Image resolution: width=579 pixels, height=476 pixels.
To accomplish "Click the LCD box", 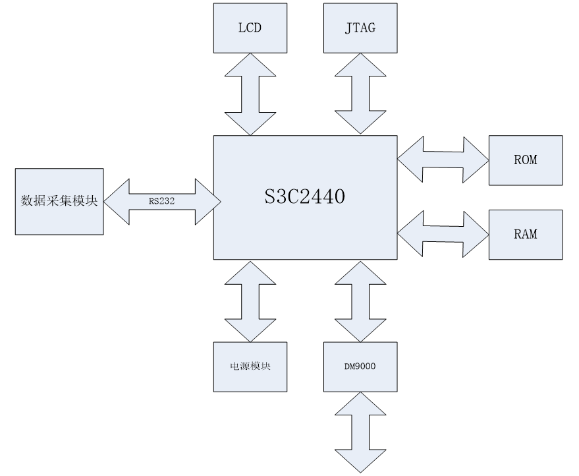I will click(250, 27).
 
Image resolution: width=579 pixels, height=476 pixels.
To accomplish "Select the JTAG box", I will click(360, 27).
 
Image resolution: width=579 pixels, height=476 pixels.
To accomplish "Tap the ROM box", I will click(525, 160).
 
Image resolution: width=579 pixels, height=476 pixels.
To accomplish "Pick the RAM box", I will click(525, 234).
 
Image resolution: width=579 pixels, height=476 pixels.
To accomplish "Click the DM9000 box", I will click(360, 366).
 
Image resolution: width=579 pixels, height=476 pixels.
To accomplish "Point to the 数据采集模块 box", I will click(59, 201).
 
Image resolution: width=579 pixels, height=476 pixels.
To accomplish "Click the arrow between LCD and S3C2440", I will click(250, 94).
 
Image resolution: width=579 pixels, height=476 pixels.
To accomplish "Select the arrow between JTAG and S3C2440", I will click(360, 94).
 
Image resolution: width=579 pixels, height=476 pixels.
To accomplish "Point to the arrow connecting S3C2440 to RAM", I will click(443, 234).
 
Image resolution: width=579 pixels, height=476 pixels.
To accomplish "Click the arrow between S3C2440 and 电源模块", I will click(250, 300).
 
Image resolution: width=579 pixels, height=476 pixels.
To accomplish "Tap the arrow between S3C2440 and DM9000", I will click(360, 300).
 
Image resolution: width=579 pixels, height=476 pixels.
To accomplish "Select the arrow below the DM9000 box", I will click(360, 432).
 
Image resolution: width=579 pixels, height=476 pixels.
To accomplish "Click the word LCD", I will click(250, 28).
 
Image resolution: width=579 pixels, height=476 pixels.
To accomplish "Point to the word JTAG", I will click(360, 28).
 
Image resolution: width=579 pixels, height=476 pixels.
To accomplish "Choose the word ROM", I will click(525, 160).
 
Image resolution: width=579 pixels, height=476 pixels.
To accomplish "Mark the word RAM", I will click(525, 234).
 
